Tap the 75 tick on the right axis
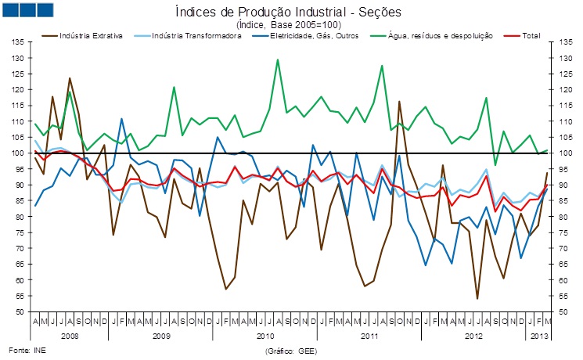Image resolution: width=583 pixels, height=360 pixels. (x=564, y=232)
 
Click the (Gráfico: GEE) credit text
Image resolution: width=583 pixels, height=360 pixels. (x=291, y=351)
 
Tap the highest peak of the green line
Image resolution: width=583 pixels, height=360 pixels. (x=278, y=59)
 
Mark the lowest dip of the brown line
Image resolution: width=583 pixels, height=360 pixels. (x=477, y=298)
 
